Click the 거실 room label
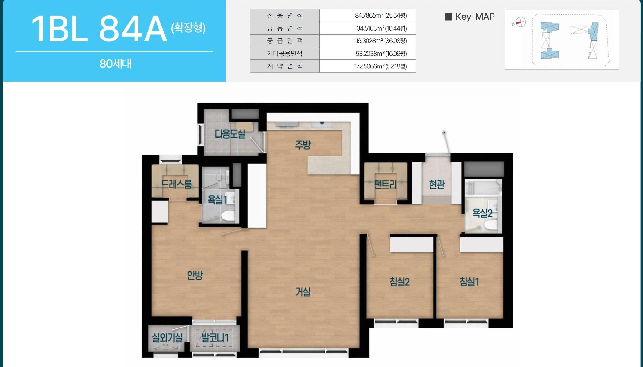[x=303, y=292]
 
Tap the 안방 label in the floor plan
[x=195, y=275]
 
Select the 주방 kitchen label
[x=303, y=144]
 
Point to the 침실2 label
[x=399, y=282]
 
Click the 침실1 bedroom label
[x=469, y=282]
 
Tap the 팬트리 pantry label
[x=385, y=184]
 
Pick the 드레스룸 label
[x=176, y=184]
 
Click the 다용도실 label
[x=230, y=134]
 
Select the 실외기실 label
[x=167, y=337]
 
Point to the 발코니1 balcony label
[x=215, y=337]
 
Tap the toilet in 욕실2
[x=491, y=225]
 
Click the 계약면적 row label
[x=285, y=66]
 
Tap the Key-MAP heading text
[x=475, y=17]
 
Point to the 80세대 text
[x=115, y=64]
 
